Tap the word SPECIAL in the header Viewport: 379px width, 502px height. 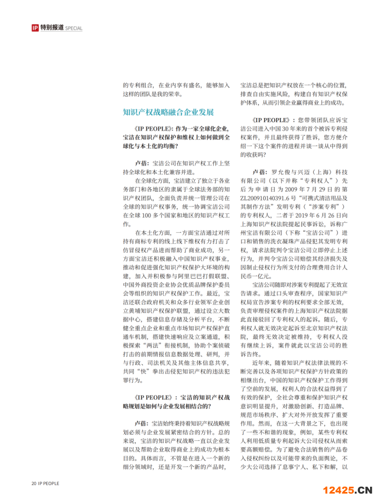[x=74, y=28]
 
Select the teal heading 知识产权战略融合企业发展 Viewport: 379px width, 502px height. [x=168, y=112]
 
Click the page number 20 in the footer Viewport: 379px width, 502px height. [x=34, y=484]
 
